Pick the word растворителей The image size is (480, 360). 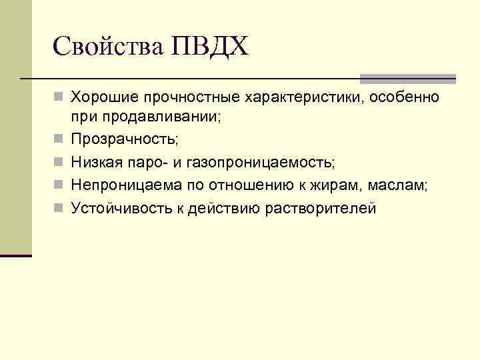click(x=321, y=209)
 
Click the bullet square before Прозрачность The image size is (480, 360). click(x=60, y=140)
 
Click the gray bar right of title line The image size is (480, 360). click(x=408, y=79)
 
